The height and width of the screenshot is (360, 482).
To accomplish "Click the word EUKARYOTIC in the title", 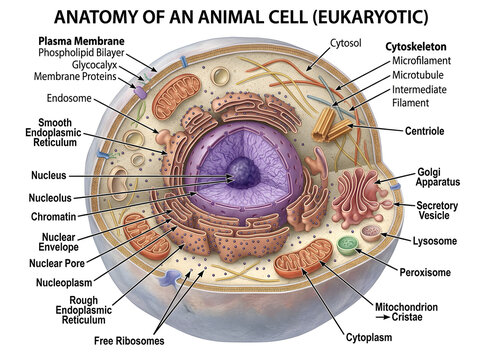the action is pos(370,17).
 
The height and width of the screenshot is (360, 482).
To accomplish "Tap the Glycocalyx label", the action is pos(94,65).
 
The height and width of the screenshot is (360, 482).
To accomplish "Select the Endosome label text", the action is pos(69,98).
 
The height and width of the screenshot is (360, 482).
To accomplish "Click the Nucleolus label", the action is pos(50,198).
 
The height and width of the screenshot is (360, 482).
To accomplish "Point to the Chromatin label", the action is pos(53,217).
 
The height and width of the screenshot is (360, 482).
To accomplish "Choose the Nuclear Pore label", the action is pos(57,263).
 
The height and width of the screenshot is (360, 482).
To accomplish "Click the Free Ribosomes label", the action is pos(129,341).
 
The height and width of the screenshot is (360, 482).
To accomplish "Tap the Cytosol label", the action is pos(346,43).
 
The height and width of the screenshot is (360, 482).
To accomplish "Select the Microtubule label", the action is pos(418,75).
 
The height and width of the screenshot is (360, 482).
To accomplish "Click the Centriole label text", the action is pos(424,131).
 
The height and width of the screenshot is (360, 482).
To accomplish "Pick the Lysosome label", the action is pos(435,241).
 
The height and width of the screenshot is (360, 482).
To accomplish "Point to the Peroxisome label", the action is pos(425,272).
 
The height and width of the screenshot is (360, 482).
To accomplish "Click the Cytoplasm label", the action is pos(369,337).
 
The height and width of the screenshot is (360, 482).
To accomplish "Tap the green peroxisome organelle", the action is pos(347,246).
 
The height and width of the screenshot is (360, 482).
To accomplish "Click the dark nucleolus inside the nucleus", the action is pos(243,173).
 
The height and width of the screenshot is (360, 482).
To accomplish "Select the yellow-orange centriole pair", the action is pos(332,125).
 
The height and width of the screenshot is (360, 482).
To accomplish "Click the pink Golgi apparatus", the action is pos(358,197).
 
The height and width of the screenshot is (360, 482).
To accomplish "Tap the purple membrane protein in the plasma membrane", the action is pos(140,92).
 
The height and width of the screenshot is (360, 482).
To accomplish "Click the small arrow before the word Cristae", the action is pos(383,317).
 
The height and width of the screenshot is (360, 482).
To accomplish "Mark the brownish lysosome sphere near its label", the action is pos(371,233).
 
